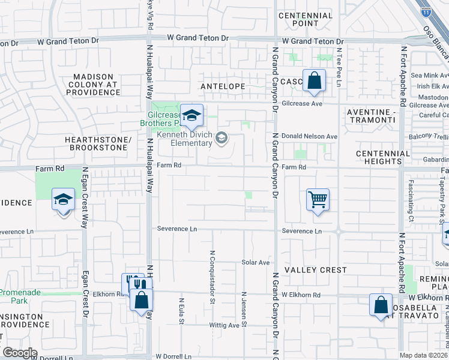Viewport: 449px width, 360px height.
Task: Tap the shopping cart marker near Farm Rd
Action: click(318, 199)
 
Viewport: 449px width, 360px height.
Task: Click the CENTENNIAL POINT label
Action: click(306, 19)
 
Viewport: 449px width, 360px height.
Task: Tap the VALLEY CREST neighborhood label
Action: click(316, 270)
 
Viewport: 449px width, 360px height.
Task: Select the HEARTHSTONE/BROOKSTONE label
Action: click(98, 143)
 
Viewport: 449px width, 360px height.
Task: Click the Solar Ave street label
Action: click(256, 262)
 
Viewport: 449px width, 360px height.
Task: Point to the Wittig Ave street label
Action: click(224, 325)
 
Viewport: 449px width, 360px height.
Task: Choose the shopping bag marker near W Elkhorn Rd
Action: click(381, 305)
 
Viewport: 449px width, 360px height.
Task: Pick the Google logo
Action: click(20, 352)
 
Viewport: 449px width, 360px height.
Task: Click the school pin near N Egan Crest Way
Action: click(63, 199)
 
